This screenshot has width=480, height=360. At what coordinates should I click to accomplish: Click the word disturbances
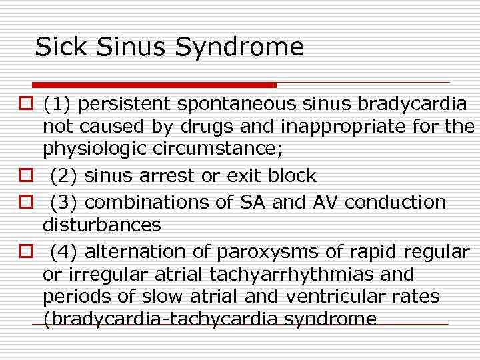101,225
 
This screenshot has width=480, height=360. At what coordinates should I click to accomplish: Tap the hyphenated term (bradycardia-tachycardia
161,319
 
